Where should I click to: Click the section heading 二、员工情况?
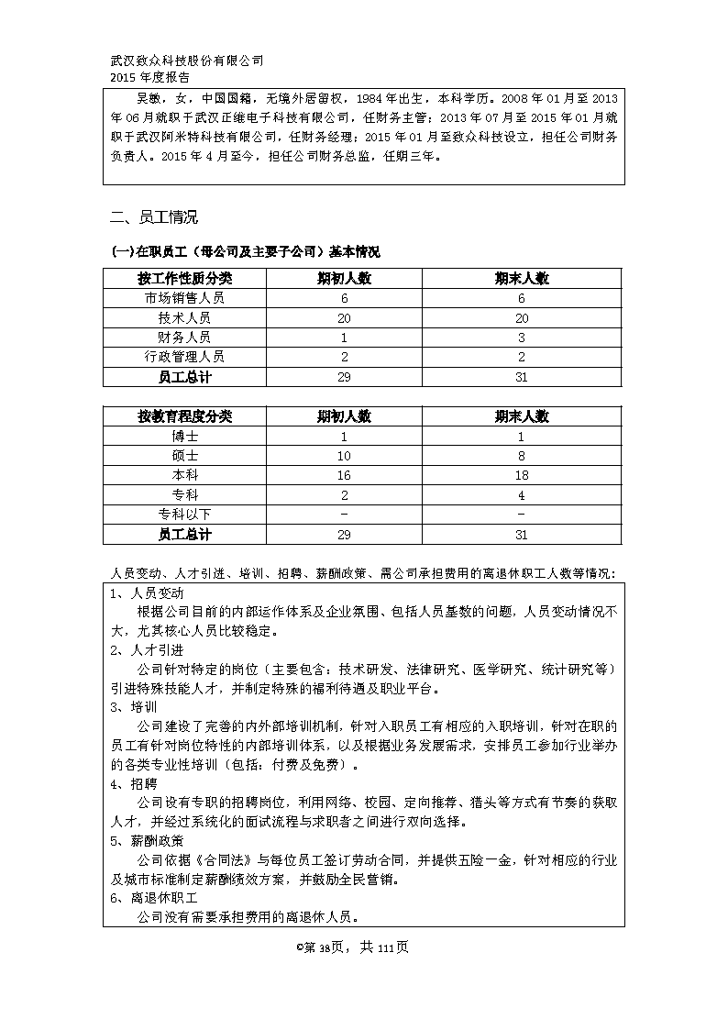tap(153, 217)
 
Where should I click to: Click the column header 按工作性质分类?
tap(184, 278)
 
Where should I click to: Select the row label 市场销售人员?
tap(184, 298)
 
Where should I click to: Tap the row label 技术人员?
tap(184, 317)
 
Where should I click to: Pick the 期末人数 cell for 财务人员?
tap(522, 338)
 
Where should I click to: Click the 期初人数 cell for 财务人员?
tap(345, 338)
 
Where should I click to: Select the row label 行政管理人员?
tap(184, 357)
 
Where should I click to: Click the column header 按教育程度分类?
tap(184, 416)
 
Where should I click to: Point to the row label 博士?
tap(184, 437)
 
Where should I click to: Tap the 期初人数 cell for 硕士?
tap(345, 456)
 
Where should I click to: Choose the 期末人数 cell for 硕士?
tap(522, 456)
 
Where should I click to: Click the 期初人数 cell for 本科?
tap(345, 475)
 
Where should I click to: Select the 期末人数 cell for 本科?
tap(522, 475)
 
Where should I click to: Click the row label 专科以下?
tap(184, 515)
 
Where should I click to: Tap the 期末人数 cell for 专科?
tap(522, 495)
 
